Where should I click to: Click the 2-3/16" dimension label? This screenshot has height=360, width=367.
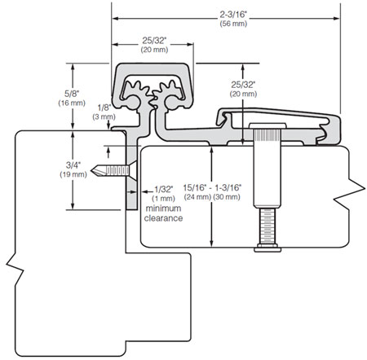pyautogui.click(x=233, y=15)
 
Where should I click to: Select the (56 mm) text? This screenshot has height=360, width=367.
pyautogui.click(x=233, y=24)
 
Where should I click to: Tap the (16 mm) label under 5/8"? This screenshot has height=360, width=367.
pyautogui.click(x=72, y=103)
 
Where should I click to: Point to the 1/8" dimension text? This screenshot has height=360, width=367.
pyautogui.click(x=104, y=108)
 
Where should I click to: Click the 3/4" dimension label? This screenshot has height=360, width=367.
pyautogui.click(x=73, y=165)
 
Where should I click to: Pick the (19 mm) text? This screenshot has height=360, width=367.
pyautogui.click(x=73, y=174)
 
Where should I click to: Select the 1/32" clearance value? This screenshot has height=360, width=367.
pyautogui.click(x=164, y=189)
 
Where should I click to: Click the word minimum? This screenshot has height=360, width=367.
pyautogui.click(x=163, y=209)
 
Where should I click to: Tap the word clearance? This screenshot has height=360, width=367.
pyautogui.click(x=163, y=218)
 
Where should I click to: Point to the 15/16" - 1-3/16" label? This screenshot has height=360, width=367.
pyautogui.click(x=212, y=187)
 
